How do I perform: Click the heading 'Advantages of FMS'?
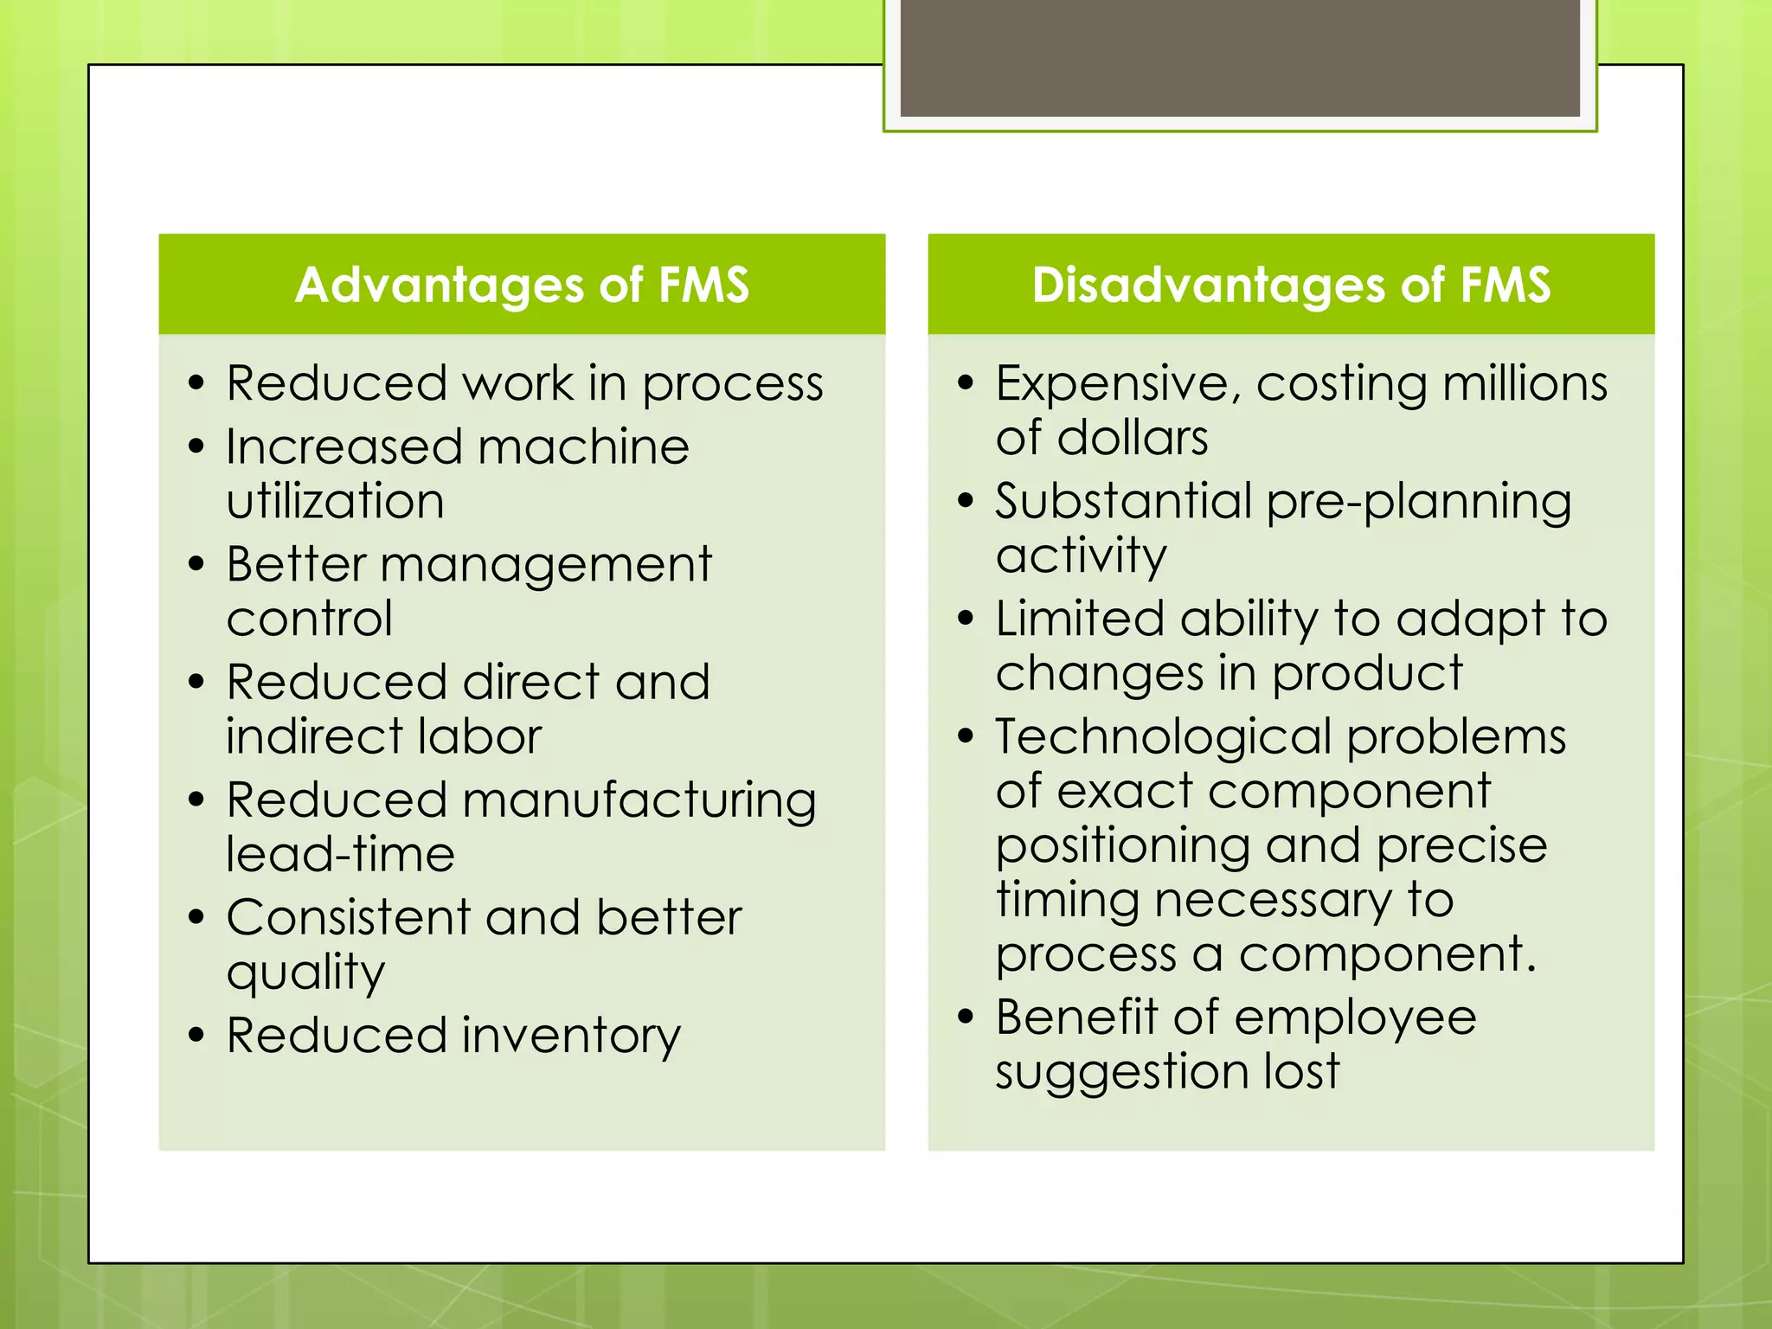(522, 285)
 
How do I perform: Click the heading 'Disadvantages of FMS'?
(1291, 285)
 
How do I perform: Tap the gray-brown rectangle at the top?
(1240, 58)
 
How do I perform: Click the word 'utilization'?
(336, 501)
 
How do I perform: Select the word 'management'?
(545, 565)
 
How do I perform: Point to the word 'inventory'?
(571, 1037)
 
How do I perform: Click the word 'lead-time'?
(340, 854)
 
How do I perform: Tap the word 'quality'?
(305, 973)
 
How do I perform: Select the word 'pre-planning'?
(1418, 503)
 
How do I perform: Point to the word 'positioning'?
(1122, 847)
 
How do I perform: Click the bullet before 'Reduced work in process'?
(196, 382)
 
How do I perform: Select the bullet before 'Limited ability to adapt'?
(966, 618)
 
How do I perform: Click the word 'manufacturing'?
(639, 800)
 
